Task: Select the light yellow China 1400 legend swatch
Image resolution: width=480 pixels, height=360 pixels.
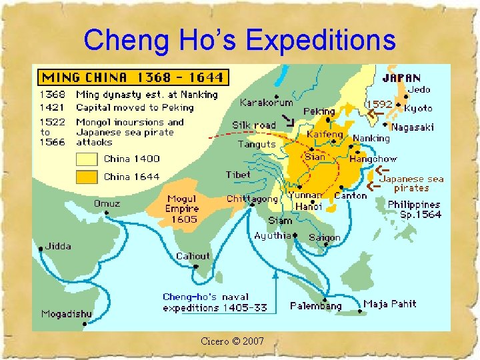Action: (x=87, y=159)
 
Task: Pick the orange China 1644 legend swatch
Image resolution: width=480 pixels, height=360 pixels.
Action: (x=87, y=177)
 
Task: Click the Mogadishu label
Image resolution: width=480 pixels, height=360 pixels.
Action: (x=67, y=313)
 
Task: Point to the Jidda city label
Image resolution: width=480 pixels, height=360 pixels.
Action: (x=58, y=246)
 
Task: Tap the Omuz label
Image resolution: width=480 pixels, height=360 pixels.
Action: (x=107, y=203)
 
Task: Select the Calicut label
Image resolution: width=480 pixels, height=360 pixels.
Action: (x=193, y=256)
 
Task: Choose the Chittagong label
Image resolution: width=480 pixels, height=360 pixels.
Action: (x=251, y=199)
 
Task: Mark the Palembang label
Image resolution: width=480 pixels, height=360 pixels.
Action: (x=315, y=306)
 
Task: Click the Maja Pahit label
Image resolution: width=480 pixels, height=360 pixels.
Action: (x=390, y=303)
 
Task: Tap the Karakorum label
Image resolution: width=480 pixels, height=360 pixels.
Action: (x=266, y=103)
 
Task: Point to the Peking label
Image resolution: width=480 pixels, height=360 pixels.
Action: (x=319, y=111)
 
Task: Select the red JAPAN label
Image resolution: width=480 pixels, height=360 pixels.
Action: (x=401, y=77)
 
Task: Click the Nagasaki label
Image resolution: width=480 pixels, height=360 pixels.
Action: (x=413, y=127)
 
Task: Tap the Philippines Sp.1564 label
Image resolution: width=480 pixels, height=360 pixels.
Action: (x=414, y=209)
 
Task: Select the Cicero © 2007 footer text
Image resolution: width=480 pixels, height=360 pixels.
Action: (x=232, y=341)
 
